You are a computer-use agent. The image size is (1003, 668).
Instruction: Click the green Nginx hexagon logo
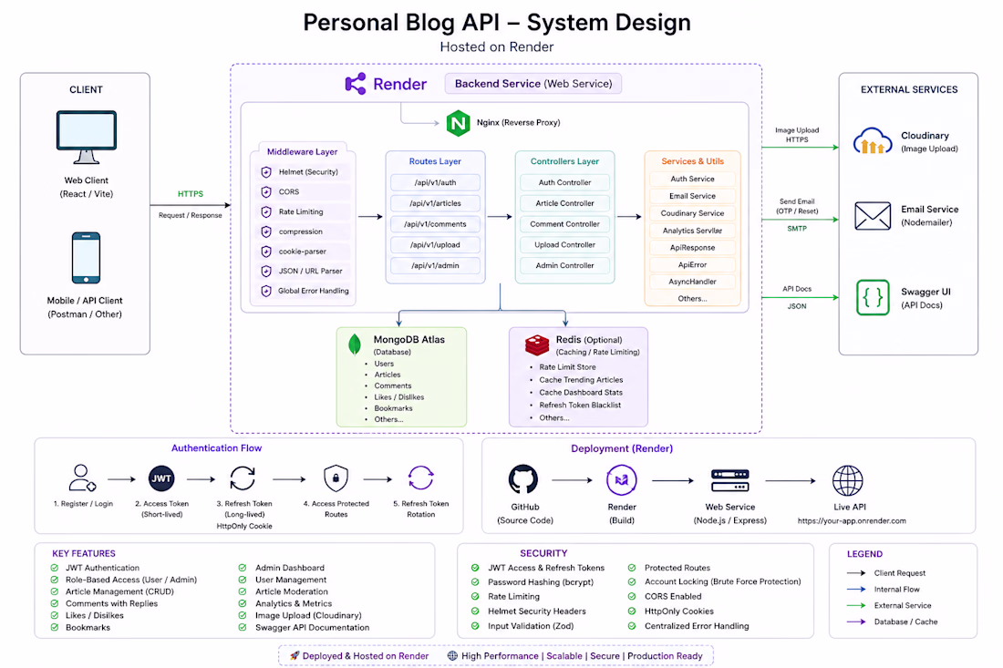(x=458, y=123)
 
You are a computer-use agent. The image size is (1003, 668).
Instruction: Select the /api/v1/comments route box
(x=435, y=224)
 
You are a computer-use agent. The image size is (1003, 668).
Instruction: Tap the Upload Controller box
(x=564, y=245)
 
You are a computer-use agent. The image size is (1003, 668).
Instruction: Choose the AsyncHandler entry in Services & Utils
(x=692, y=282)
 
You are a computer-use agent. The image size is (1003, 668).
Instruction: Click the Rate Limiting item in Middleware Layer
(x=301, y=211)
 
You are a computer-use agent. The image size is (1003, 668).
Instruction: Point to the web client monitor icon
(x=87, y=138)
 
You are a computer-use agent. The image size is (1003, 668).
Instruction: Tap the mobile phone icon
(x=86, y=258)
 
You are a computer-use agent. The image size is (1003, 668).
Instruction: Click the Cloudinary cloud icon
(x=873, y=141)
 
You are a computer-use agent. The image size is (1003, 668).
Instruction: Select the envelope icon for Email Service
(x=873, y=216)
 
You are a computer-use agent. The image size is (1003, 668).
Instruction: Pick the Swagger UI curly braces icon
(x=873, y=297)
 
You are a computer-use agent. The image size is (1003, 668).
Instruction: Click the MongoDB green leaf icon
(x=355, y=344)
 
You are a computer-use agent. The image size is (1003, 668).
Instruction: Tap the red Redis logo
(x=537, y=344)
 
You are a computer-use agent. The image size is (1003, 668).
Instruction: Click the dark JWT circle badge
(x=161, y=478)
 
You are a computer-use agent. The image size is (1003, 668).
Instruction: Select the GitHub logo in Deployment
(x=523, y=479)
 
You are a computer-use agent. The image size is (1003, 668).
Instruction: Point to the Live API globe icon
(x=848, y=480)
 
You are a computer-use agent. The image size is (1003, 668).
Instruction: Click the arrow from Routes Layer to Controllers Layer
(x=500, y=217)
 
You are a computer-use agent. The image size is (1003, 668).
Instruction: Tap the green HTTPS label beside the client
(x=191, y=194)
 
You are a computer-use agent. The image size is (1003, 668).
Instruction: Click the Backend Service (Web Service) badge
(x=533, y=84)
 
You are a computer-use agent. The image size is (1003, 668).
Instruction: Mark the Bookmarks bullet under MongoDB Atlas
(x=393, y=408)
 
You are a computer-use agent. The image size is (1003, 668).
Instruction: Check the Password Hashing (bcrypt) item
(x=540, y=581)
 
